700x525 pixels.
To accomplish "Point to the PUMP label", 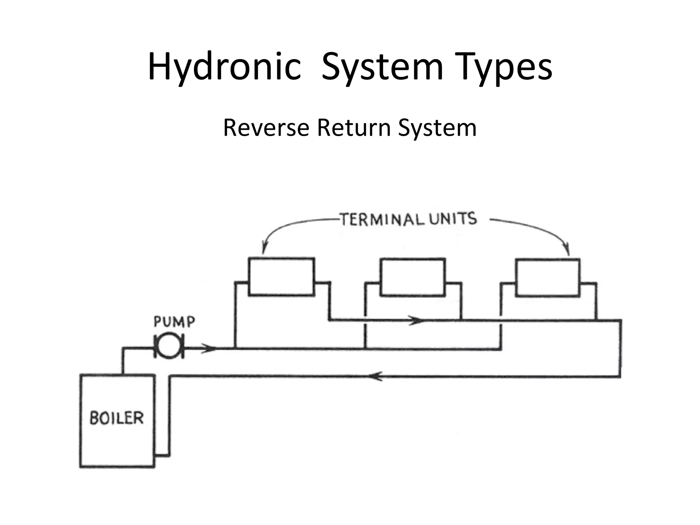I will click(174, 322).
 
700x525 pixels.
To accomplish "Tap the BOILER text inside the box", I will click(117, 418).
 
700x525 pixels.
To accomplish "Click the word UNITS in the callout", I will click(453, 218).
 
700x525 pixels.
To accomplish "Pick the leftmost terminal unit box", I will click(281, 277).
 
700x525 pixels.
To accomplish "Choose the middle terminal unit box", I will click(413, 277).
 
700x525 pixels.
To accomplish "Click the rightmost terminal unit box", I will click(548, 278).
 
